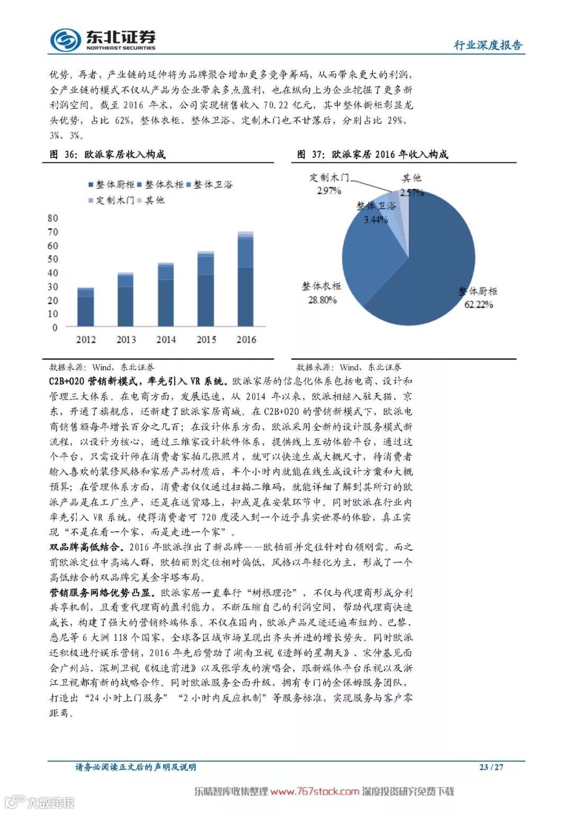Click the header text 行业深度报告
pyautogui.click(x=487, y=45)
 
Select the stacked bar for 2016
pyautogui.click(x=245, y=279)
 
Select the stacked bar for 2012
pyautogui.click(x=86, y=307)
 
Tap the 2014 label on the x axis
pyautogui.click(x=166, y=340)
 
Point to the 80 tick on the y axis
pyautogui.click(x=53, y=218)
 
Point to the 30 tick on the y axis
pyautogui.click(x=53, y=287)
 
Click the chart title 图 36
pyautogui.click(x=108, y=154)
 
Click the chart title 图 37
pyautogui.click(x=372, y=154)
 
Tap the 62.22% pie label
pyautogui.click(x=479, y=304)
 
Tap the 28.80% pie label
pyautogui.click(x=322, y=300)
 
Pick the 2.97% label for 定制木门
pyautogui.click(x=329, y=191)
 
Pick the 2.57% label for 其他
pyautogui.click(x=412, y=192)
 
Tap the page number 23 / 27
pyautogui.click(x=491, y=767)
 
